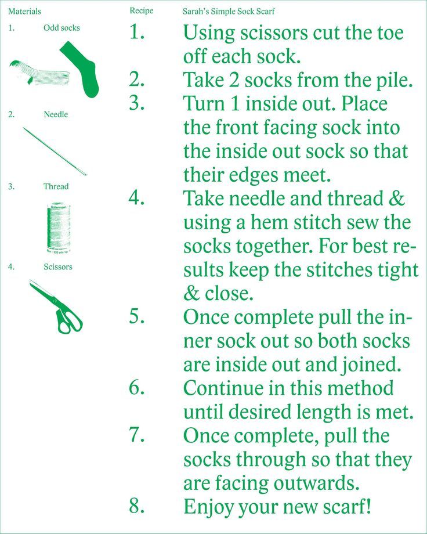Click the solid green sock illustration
point(82,68)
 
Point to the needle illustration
point(55,151)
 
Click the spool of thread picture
point(59,228)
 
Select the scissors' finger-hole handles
point(69,320)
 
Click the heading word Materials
point(24,11)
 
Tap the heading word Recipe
point(142,11)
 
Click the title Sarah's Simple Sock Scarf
point(229,11)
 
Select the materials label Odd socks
point(61,28)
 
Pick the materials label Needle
point(56,114)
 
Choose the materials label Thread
point(56,186)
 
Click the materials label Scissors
point(58,266)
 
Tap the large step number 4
point(136,197)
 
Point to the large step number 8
point(136,506)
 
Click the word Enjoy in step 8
point(208,507)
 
